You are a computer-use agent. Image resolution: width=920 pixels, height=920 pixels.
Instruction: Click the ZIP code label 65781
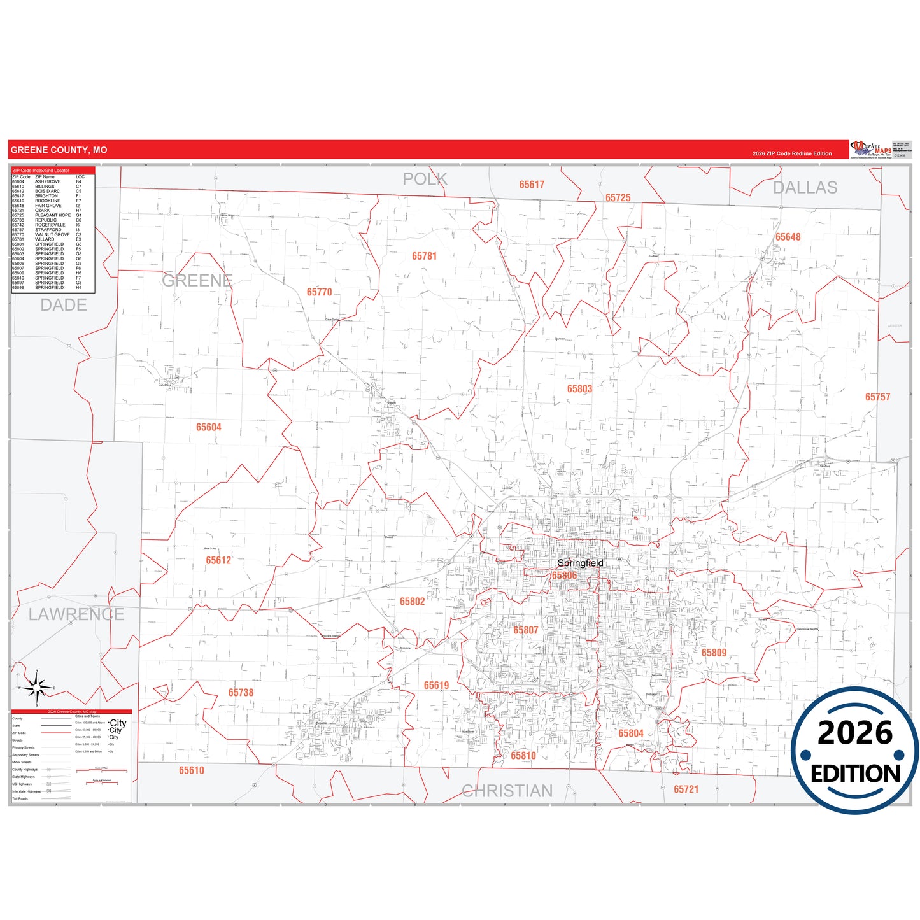424,256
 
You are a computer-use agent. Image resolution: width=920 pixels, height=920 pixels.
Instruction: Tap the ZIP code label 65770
319,292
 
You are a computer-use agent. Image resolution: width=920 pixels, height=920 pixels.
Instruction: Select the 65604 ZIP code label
208,427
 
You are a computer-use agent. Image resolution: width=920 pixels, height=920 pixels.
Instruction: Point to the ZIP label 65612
218,560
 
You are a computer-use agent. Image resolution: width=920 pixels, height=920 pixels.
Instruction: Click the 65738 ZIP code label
241,692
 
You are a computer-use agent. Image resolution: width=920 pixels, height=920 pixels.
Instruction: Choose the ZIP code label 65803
579,388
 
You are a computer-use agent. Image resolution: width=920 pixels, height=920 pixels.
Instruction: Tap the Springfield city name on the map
580,563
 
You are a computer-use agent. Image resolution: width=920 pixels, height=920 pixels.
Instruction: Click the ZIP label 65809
714,653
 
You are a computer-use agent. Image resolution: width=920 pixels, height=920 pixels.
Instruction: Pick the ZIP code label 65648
788,237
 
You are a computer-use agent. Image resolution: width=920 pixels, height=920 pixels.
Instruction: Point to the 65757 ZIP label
877,397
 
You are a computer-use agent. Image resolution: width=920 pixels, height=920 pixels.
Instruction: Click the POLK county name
425,179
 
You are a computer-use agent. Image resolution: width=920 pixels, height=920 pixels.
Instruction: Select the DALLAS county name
805,187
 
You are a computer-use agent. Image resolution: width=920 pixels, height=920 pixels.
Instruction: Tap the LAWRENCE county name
76,614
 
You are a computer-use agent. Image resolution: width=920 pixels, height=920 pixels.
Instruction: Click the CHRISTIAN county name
507,791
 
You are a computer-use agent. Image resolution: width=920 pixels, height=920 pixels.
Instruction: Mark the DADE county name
64,305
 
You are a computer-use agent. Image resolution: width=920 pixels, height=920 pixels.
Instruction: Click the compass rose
36,688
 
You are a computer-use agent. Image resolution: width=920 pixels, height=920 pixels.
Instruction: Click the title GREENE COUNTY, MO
59,150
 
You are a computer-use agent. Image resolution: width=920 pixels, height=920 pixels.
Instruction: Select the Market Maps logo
870,150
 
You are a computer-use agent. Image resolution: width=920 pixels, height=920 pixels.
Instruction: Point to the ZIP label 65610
191,770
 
